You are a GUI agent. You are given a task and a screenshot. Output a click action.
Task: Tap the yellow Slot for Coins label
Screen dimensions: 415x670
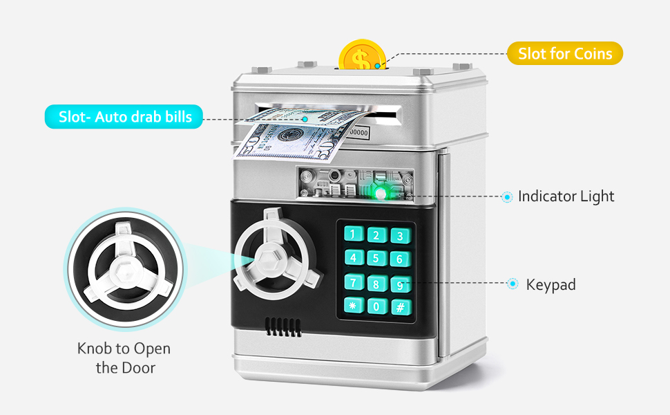point(565,53)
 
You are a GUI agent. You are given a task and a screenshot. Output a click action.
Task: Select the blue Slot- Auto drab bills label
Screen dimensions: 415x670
point(124,116)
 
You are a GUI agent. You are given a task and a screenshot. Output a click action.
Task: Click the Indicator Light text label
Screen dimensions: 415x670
point(566,196)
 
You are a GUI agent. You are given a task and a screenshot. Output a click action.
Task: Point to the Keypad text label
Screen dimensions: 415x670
point(551,284)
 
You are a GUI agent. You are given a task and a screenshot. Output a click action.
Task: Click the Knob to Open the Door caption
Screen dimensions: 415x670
point(124,358)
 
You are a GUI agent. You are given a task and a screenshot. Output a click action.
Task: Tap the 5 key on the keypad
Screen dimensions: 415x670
point(376,259)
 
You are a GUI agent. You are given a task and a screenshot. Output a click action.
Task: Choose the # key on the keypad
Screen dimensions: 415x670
point(399,306)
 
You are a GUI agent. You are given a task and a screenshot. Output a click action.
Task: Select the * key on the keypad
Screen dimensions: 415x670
point(353,306)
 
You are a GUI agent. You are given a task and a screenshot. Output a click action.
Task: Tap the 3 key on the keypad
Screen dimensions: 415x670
point(399,236)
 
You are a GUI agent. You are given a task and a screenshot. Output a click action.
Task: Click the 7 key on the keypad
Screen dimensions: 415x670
point(354,282)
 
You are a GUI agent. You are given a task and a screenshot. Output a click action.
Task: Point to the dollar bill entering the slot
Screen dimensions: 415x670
point(290,136)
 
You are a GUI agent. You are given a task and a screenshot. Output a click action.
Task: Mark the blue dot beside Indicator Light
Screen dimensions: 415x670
point(508,197)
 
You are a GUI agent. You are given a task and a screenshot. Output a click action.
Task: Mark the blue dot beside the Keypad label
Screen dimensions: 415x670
point(513,284)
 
